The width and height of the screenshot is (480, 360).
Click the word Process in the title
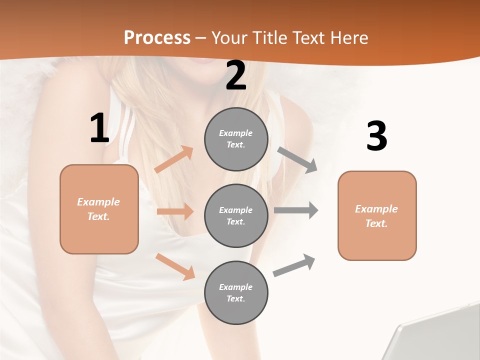[157, 37]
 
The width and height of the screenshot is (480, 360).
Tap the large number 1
[99, 128]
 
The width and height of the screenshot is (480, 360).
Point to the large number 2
[236, 76]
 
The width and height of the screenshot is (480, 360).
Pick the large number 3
[376, 136]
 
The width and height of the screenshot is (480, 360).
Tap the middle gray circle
[236, 215]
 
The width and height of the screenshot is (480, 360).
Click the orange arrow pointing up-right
[174, 159]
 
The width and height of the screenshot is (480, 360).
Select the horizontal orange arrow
[175, 211]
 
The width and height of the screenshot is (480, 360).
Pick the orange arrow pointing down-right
[175, 266]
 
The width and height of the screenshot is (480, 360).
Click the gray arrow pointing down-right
[297, 159]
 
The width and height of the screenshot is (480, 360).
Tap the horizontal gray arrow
[296, 210]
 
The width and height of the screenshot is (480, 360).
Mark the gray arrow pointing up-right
[294, 265]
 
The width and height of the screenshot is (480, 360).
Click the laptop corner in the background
[435, 335]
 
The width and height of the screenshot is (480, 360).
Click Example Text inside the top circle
[236, 139]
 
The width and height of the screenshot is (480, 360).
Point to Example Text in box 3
[377, 216]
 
